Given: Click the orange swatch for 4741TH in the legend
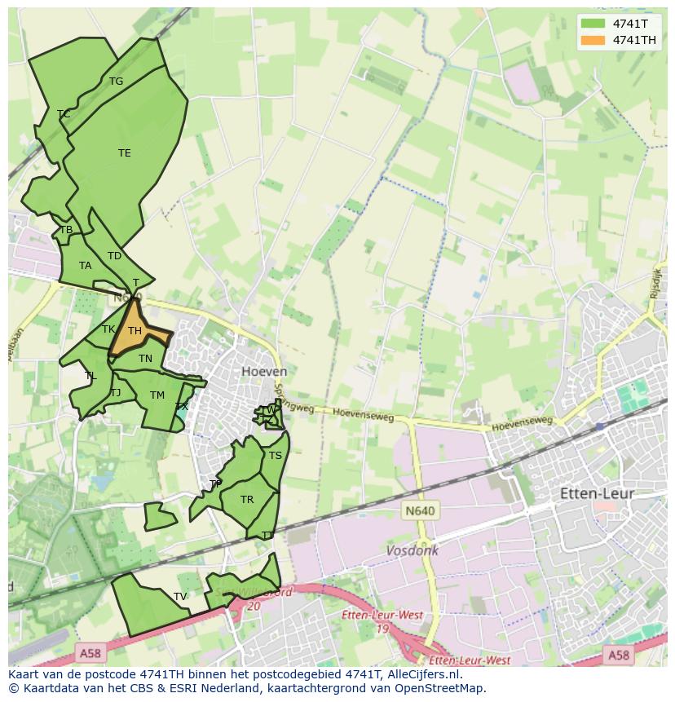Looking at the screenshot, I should click(x=593, y=40).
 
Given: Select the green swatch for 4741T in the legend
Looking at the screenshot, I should click(x=593, y=24).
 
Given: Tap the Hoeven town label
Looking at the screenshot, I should click(x=264, y=371).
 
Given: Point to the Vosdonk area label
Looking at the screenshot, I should click(x=412, y=550).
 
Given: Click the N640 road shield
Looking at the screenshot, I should click(x=420, y=511).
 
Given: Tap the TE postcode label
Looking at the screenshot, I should click(x=124, y=153).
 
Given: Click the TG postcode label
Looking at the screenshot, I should click(x=116, y=82).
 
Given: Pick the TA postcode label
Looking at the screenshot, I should click(x=86, y=266).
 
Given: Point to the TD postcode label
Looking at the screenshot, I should click(x=114, y=256).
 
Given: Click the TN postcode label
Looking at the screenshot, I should click(x=145, y=359).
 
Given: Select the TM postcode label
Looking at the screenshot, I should click(x=157, y=395).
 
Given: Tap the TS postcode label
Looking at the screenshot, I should click(x=276, y=456).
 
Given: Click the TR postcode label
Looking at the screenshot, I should click(x=247, y=500).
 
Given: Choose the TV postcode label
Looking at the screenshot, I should click(x=180, y=597).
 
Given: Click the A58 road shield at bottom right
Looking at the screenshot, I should click(x=618, y=655).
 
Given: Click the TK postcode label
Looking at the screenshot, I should click(x=108, y=329).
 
